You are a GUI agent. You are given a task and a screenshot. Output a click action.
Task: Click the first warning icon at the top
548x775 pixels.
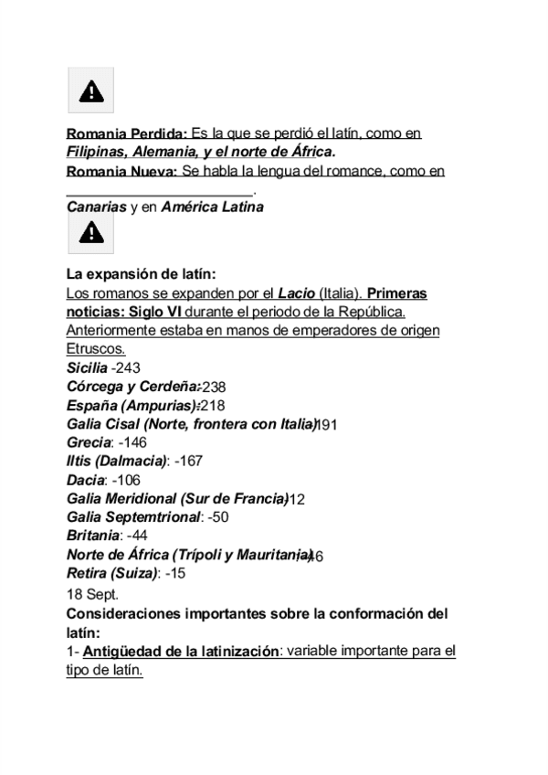pos(90,90)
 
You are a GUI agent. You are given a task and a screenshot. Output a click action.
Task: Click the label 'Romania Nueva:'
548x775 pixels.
pos(122,171)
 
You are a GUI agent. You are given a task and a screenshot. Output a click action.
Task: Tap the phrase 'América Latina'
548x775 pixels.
pos(212,207)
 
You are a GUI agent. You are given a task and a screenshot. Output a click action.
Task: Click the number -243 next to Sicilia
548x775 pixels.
pos(127,367)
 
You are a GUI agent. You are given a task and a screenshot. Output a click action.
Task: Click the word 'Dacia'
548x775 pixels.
pos(86,478)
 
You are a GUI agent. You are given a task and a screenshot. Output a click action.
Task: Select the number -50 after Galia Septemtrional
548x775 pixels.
pos(218,516)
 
